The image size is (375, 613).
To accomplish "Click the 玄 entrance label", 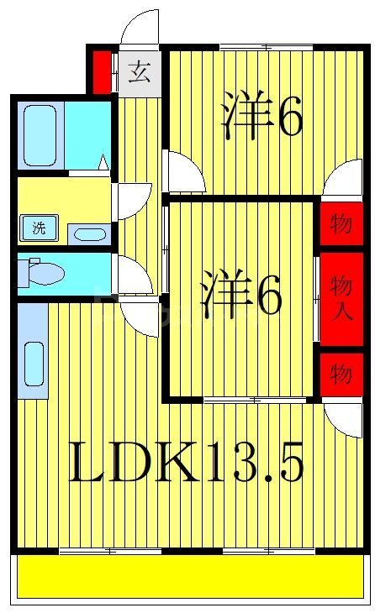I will click(x=139, y=72).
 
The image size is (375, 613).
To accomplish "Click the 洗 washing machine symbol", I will click(x=39, y=227).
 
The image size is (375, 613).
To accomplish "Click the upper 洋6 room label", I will click(x=261, y=118).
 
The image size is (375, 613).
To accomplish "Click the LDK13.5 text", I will click(x=185, y=464).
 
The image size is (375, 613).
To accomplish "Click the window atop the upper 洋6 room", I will click(x=265, y=45).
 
